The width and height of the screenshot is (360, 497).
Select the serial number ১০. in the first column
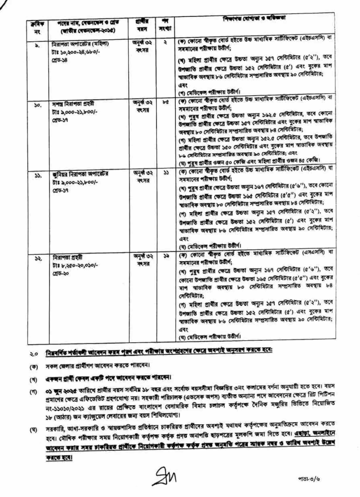tap(31, 104)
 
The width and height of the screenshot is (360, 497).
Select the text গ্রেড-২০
tap(61, 273)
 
